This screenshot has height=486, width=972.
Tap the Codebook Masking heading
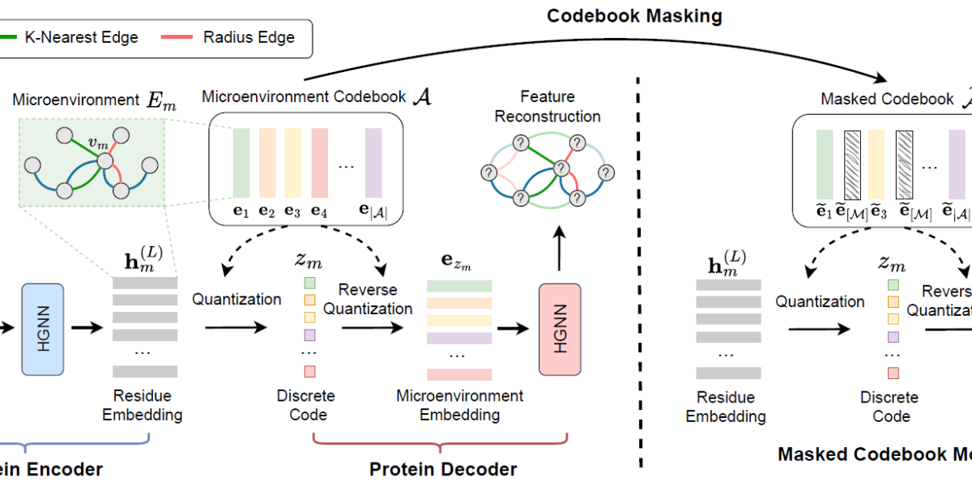pyautogui.click(x=634, y=16)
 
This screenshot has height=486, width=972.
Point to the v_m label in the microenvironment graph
pyautogui.click(x=97, y=143)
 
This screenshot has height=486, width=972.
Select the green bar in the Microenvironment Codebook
pyautogui.click(x=241, y=162)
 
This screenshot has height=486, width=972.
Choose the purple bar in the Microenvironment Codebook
pyautogui.click(x=373, y=162)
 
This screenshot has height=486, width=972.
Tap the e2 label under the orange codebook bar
pyautogui.click(x=267, y=213)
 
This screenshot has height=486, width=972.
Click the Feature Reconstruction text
pyautogui.click(x=548, y=108)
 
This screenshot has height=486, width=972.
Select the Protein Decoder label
pyautogui.click(x=443, y=469)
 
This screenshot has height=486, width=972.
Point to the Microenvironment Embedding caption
pyautogui.click(x=459, y=405)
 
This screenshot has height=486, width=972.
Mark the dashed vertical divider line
pyautogui.click(x=642, y=267)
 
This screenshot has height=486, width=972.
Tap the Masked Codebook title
pyautogui.click(x=887, y=99)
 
